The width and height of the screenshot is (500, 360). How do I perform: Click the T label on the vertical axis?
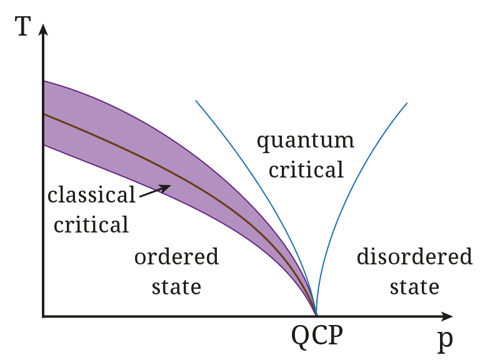click(x=23, y=26)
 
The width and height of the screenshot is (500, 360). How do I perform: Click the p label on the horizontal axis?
click(x=445, y=340)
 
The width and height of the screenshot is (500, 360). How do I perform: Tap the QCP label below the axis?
click(x=317, y=336)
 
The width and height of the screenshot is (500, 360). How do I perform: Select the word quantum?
click(x=306, y=141)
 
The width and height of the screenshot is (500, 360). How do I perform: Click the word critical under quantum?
click(x=306, y=169)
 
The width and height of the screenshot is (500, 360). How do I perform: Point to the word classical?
click(x=91, y=194)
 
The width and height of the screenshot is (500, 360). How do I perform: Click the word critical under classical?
click(x=91, y=224)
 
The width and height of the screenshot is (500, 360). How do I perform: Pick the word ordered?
click(x=176, y=256)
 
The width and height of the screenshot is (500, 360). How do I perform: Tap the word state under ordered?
click(x=176, y=287)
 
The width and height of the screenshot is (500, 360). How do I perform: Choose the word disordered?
click(x=414, y=256)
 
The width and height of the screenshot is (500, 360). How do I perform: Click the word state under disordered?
click(x=414, y=287)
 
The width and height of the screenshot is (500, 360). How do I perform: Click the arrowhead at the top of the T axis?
click(x=43, y=29)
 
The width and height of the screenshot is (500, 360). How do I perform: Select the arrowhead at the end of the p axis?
click(x=446, y=316)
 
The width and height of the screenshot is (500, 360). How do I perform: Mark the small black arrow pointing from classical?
click(x=155, y=191)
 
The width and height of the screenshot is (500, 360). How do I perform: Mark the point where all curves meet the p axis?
click(x=316, y=316)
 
